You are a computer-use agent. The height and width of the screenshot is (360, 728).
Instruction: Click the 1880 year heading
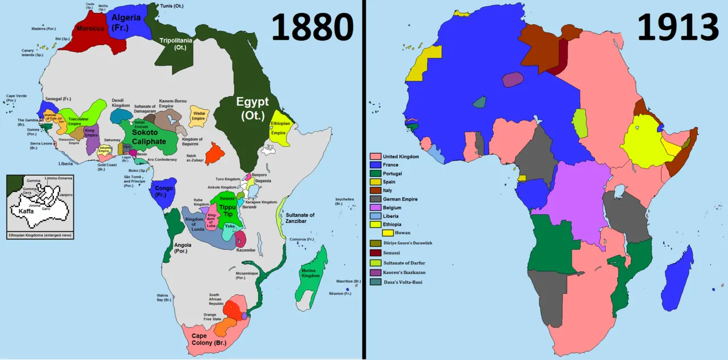pos(313,27)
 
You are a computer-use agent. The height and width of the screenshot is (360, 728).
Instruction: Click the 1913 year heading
pos(678,27)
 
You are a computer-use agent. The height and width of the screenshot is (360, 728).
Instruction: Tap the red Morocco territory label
pos(90,29)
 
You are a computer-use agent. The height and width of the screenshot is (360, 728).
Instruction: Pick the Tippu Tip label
pos(227,210)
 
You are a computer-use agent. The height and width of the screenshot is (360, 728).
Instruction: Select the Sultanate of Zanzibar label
pos(308,218)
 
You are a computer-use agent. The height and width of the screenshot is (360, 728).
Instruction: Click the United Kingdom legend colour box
pos(375,156)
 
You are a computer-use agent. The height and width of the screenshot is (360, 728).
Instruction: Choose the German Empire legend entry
pos(400,199)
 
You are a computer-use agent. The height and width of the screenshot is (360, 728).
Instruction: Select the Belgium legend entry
pos(392,208)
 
